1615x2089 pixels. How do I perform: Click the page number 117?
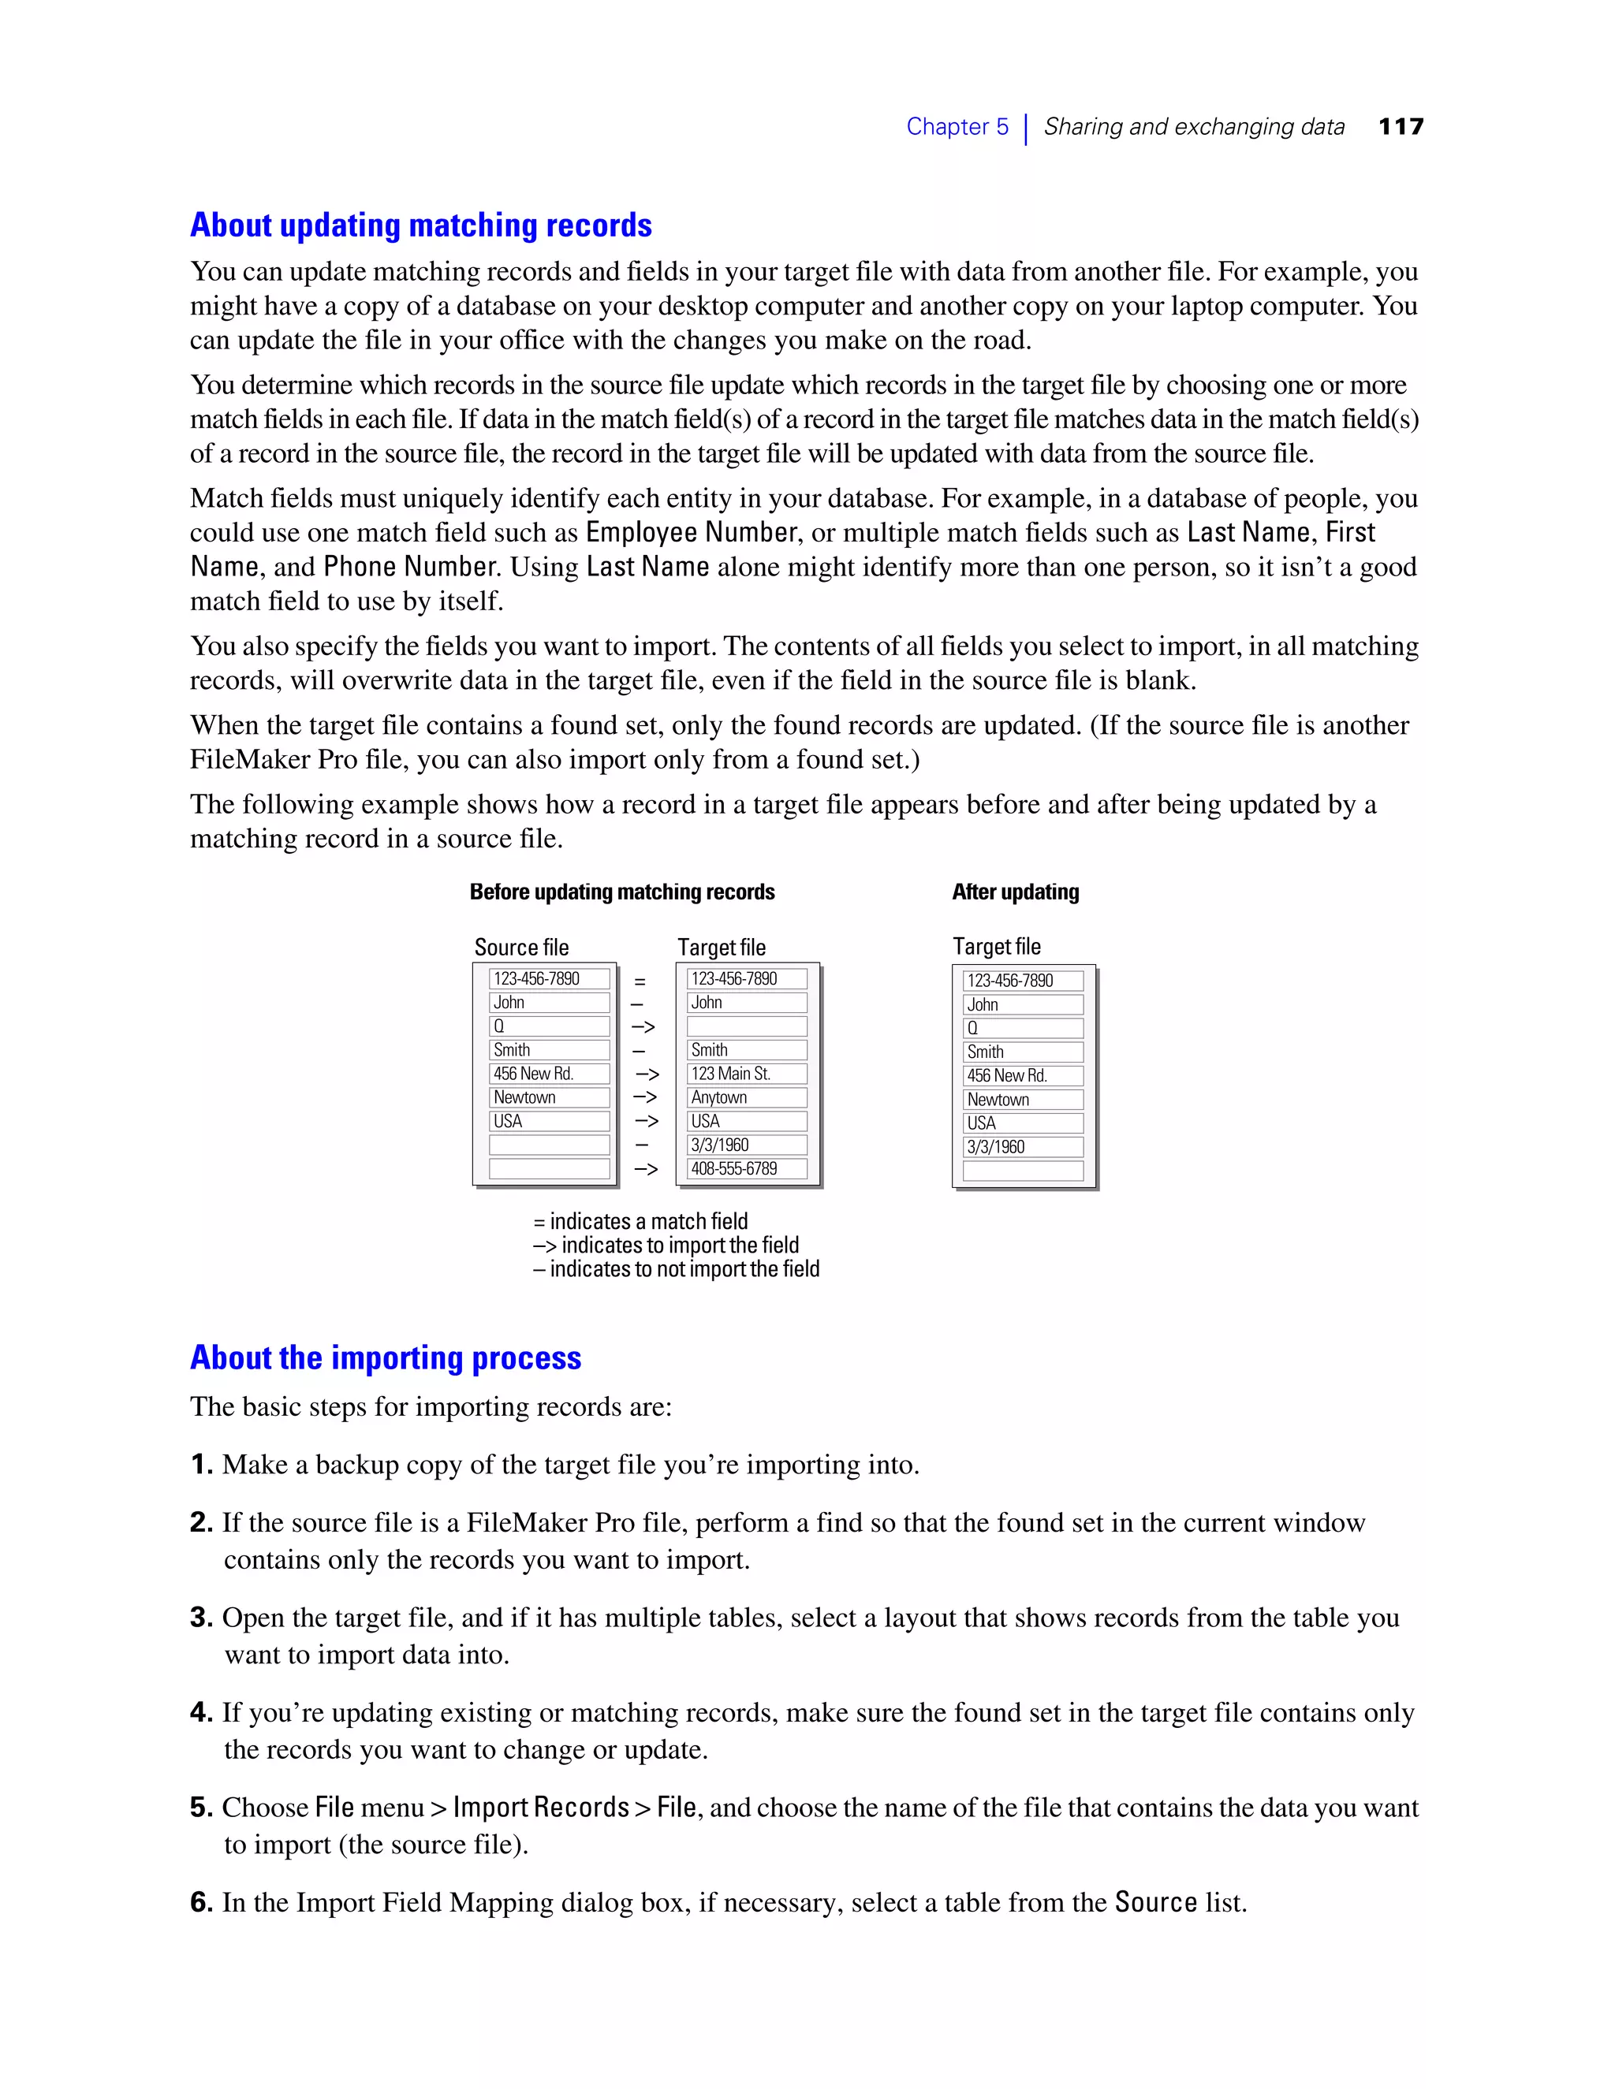(1401, 126)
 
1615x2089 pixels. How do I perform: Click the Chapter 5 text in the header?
(957, 126)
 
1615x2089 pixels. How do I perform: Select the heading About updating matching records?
(420, 225)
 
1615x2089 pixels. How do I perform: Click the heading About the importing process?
(385, 1357)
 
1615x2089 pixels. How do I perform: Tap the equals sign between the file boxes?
(640, 981)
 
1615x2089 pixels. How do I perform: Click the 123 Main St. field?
(746, 1073)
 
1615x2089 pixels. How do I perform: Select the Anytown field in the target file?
(746, 1097)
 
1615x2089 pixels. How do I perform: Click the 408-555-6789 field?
(746, 1168)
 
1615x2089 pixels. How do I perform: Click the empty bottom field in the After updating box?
(1023, 1171)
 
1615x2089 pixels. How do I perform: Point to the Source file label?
(521, 947)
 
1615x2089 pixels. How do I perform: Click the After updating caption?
(1015, 892)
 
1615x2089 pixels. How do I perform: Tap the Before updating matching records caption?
(622, 892)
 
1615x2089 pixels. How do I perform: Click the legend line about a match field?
(641, 1221)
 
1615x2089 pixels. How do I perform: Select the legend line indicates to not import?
(677, 1269)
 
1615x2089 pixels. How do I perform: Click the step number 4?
(200, 1712)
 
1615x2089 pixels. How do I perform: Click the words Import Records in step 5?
(540, 1807)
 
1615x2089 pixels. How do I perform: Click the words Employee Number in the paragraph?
(692, 532)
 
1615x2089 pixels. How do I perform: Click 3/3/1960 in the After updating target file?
(1023, 1147)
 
